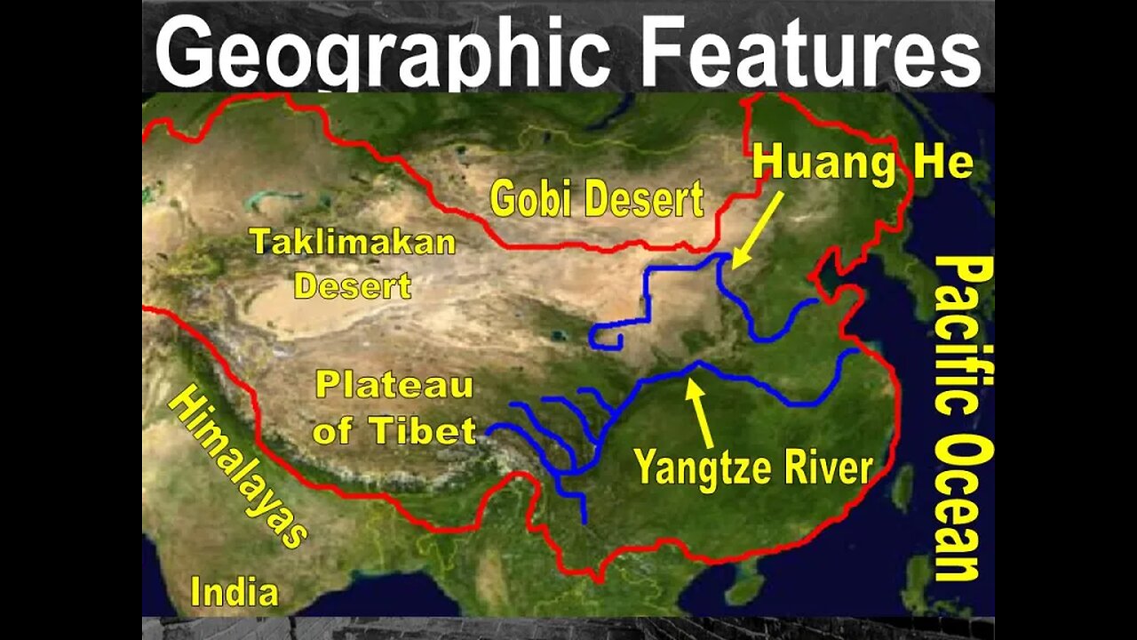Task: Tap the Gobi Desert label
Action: tap(596, 198)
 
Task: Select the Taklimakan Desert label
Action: tap(353, 264)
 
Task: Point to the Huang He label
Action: tap(863, 165)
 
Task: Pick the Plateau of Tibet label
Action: tap(395, 409)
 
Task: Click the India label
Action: tap(235, 592)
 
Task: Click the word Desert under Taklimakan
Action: tap(353, 286)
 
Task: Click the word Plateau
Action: tap(395, 387)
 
